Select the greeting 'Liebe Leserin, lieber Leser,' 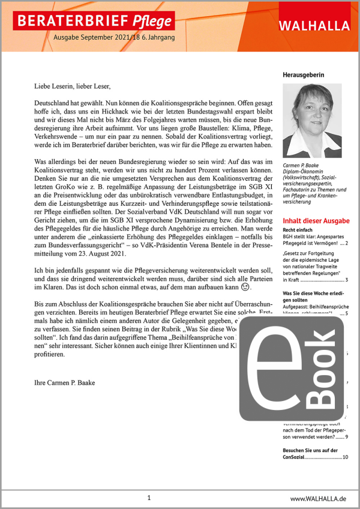pos(73,86)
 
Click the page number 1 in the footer pos(149,498)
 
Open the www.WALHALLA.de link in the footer pos(318,499)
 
